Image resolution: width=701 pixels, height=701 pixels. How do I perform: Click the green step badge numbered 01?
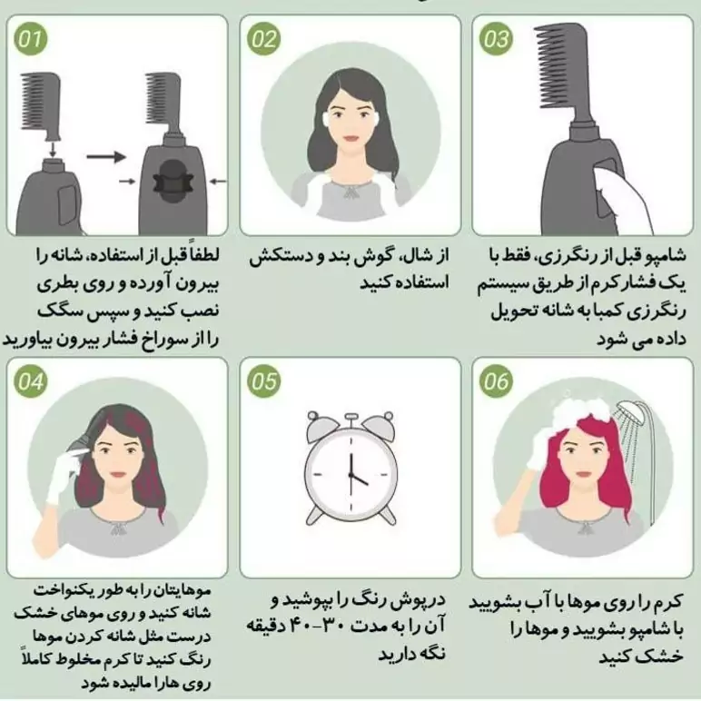coord(30,39)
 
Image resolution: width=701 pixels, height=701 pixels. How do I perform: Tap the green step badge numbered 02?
coord(263,39)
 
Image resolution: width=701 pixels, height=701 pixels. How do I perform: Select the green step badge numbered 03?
coord(497,39)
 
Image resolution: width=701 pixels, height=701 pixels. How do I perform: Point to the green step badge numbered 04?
coord(30,381)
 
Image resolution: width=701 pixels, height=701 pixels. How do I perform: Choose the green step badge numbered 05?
coord(263,381)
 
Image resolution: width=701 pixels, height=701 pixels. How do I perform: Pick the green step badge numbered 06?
coord(497,381)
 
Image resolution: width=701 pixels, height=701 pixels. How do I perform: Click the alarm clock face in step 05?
coord(350,473)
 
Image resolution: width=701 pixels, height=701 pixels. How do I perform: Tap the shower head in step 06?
coord(631,412)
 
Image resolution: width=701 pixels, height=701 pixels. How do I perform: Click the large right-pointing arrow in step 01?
coord(106,157)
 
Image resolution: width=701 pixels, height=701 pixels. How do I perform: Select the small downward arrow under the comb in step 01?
coord(53,148)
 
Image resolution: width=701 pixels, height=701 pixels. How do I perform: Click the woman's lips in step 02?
coord(350,138)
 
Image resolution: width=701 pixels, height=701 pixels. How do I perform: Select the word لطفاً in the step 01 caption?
coord(205,254)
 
